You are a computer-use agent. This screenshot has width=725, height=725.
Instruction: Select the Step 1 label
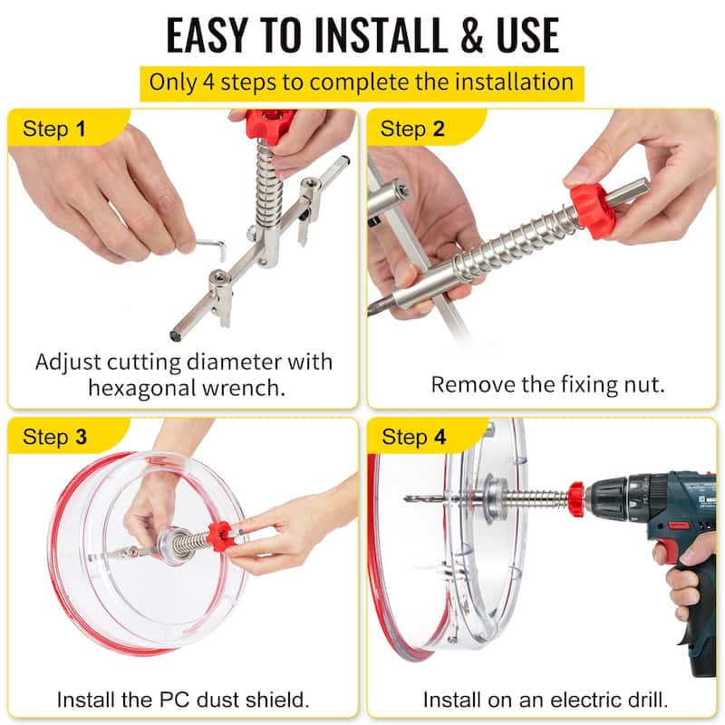55,129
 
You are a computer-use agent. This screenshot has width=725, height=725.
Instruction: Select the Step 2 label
413,129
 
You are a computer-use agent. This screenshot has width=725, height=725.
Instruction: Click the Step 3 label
55,437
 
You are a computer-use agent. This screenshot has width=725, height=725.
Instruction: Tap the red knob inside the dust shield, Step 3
220,536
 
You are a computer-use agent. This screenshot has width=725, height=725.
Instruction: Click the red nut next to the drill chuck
575,496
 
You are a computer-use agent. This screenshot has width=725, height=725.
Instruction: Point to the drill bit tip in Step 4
411,498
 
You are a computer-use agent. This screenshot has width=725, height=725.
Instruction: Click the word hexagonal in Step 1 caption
159,388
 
